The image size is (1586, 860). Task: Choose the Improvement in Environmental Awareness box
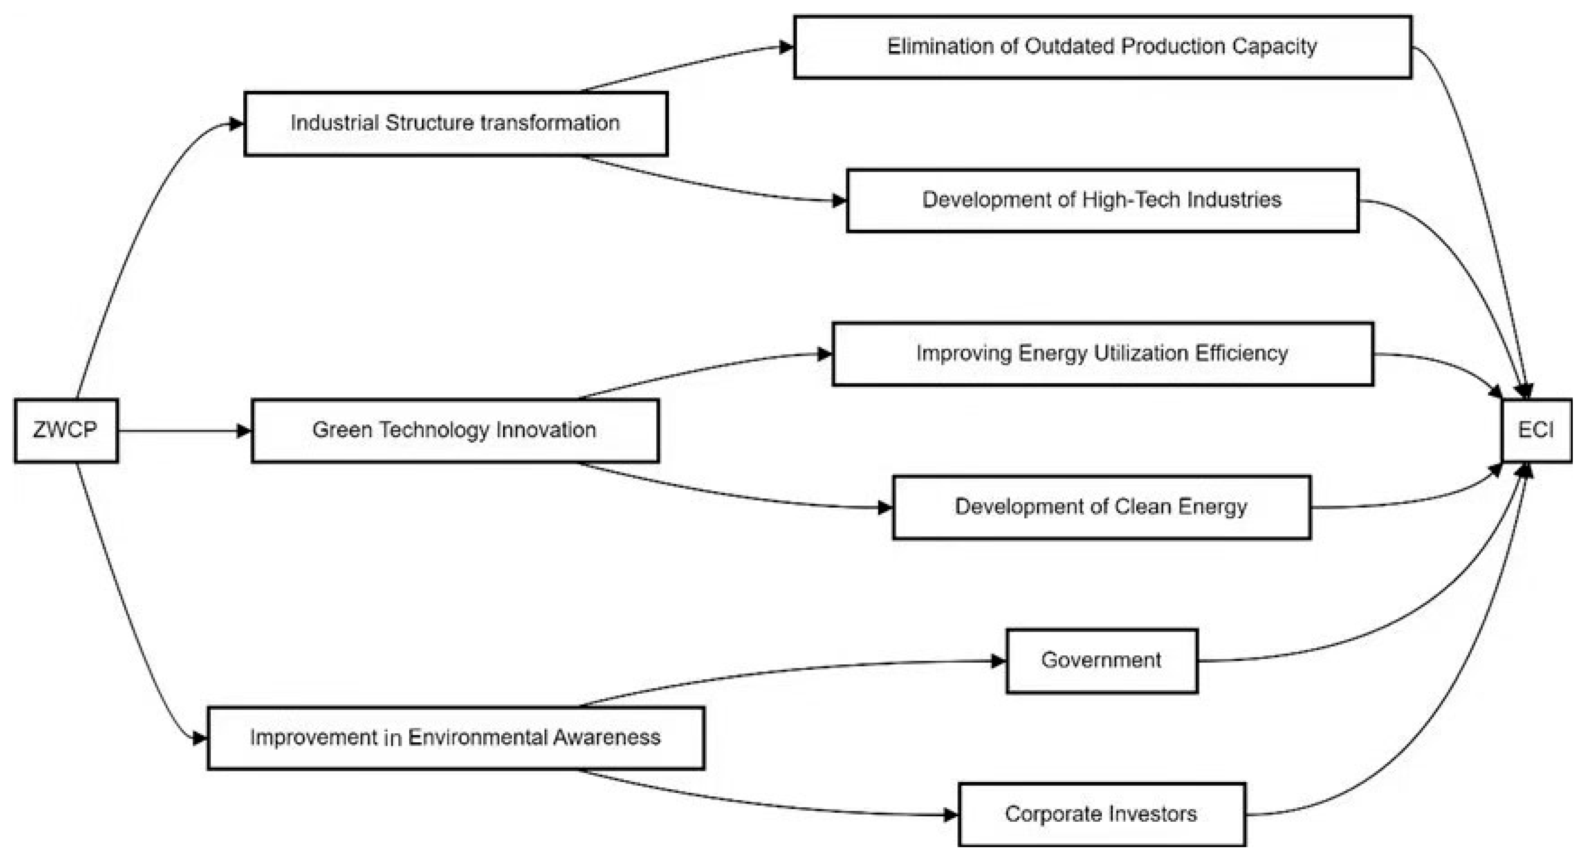[455, 738]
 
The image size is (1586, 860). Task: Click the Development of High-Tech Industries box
[1102, 200]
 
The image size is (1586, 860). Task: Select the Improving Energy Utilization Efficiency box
[1102, 353]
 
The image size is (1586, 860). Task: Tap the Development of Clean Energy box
[1101, 507]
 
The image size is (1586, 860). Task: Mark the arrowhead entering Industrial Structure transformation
[236, 124]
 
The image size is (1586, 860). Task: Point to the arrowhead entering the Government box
[999, 661]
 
